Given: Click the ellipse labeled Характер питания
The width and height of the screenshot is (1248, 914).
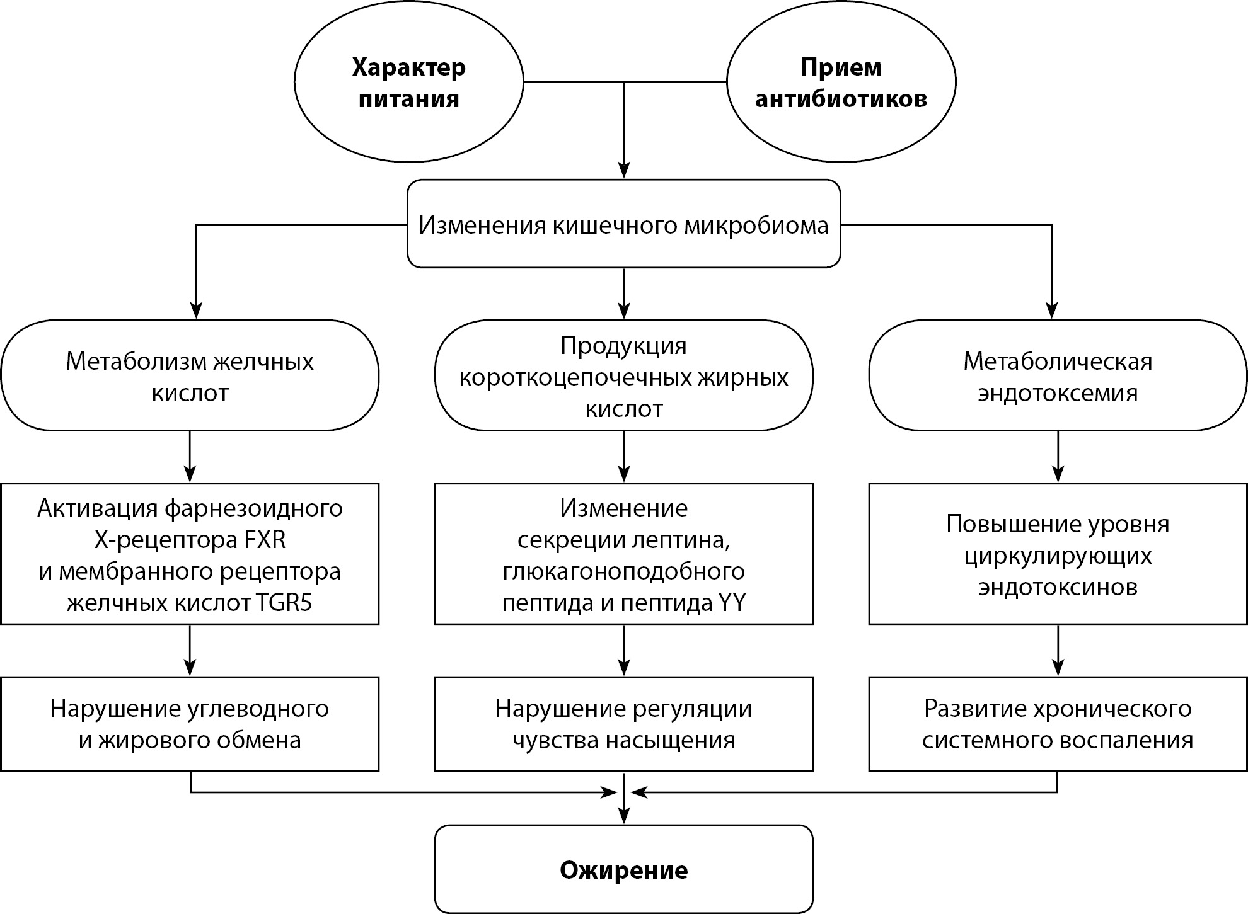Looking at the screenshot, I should (408, 83).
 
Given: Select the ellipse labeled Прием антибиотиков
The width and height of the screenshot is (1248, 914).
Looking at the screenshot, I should (841, 83).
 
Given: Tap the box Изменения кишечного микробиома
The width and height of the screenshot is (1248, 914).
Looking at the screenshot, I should (623, 224).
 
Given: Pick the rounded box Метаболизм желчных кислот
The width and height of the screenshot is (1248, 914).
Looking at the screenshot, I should (190, 376).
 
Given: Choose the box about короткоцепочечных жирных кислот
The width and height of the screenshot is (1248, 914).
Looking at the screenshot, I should (623, 376).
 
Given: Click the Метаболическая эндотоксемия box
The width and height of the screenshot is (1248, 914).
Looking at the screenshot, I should (1057, 376).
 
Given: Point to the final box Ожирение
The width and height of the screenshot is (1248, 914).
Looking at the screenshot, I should (623, 870).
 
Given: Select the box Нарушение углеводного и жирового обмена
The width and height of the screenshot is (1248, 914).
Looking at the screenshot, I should (190, 724).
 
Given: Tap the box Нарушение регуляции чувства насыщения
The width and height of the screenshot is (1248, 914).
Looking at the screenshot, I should (623, 724).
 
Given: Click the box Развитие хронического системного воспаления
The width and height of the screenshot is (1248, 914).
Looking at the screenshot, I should (1057, 724).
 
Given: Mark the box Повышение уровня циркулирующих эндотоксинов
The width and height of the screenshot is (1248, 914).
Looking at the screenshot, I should (1057, 554).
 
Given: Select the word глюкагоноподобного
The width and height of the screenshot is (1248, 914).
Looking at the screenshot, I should (623, 571).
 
